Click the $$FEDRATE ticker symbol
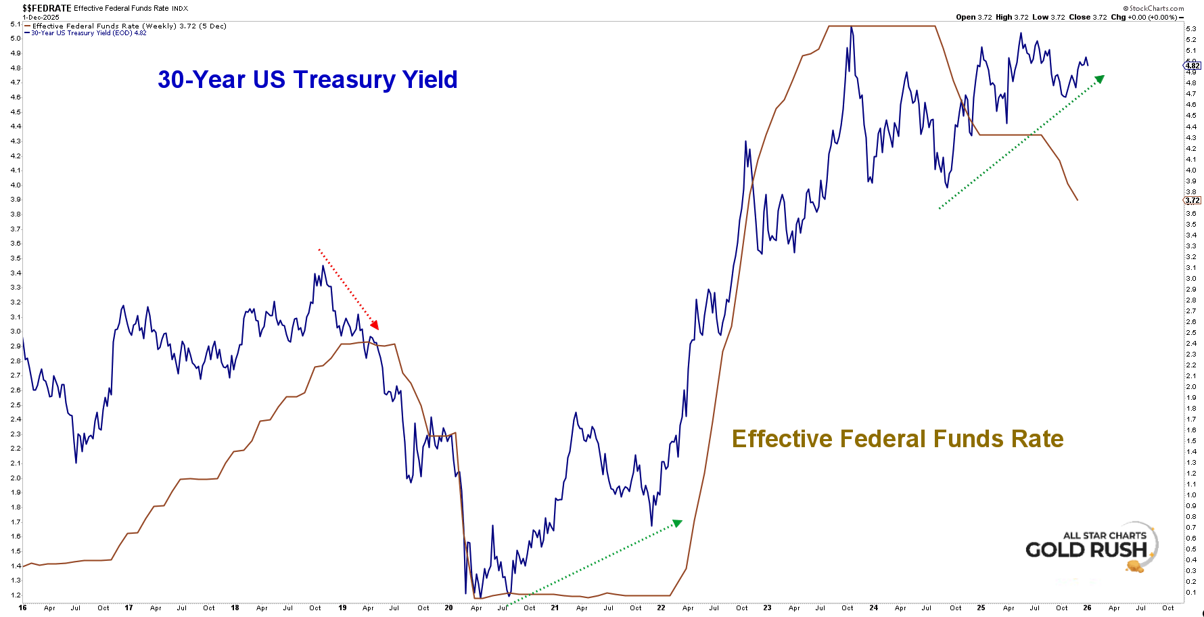47,8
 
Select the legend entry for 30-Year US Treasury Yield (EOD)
88,33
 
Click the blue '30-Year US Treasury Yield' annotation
307,80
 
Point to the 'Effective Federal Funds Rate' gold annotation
897,439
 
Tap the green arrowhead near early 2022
677,523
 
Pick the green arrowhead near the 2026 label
1099,79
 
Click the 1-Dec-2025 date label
41,17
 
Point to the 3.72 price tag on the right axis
1193,200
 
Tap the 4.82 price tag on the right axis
1193,66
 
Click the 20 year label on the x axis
448,608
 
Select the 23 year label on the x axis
767,608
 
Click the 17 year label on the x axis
129,608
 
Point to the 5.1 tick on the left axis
15,24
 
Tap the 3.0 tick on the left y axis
15,332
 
